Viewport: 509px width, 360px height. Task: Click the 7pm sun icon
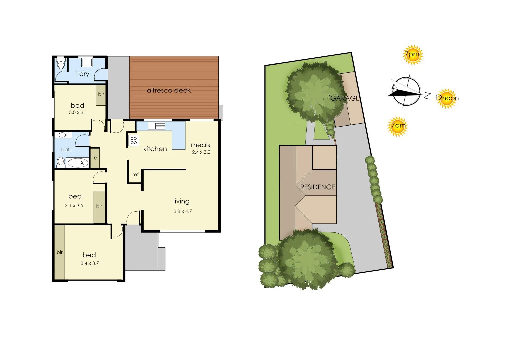413,55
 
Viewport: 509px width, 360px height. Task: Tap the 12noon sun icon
447,98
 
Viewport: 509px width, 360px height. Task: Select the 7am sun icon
398,126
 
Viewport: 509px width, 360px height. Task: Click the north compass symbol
406,92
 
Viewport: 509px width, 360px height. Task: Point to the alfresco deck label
169,90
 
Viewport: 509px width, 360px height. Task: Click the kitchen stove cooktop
134,140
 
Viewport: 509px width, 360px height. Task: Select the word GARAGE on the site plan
345,98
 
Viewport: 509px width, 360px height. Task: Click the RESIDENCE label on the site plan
317,187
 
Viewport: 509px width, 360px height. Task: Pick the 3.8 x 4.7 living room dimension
183,211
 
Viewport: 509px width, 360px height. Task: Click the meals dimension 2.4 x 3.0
201,152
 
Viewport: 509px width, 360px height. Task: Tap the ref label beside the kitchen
135,174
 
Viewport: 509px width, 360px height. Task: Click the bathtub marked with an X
78,163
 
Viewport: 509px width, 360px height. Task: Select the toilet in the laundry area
61,64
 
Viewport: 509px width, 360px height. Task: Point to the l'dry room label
82,74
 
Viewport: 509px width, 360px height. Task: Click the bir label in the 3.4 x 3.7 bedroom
60,252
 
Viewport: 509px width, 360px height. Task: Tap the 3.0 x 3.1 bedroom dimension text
78,113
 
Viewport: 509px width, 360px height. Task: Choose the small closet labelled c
95,158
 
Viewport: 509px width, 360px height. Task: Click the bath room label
67,150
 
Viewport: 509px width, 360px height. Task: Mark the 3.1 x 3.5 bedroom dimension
74,206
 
